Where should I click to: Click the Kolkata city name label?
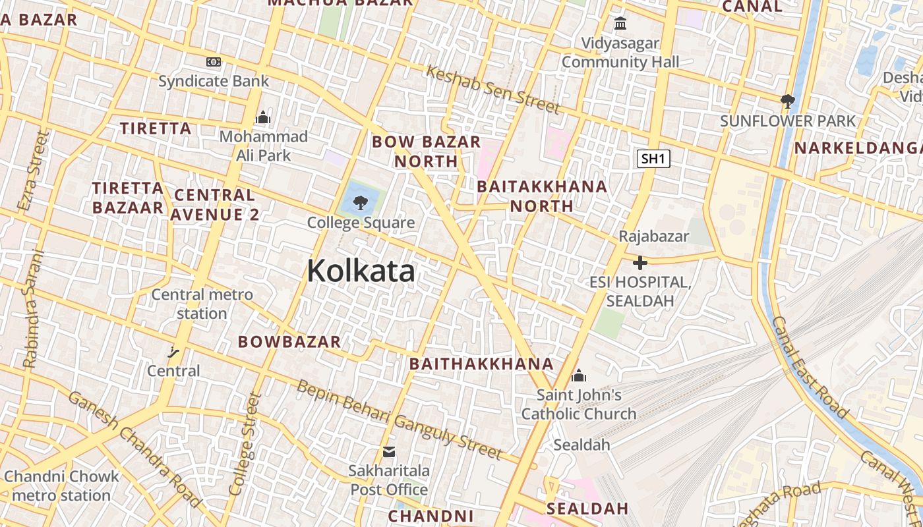361,271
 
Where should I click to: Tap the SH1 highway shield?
653,159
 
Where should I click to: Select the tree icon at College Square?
360,202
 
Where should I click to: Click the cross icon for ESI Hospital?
640,263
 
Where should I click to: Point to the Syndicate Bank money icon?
214,62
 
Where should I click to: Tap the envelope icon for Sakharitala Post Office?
389,452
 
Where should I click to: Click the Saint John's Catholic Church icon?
579,375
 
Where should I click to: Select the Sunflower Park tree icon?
787,101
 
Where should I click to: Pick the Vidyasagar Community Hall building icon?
620,24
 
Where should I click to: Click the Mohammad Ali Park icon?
263,118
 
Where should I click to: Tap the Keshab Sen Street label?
492,89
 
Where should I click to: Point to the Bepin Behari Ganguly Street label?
400,419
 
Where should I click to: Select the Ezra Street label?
34,171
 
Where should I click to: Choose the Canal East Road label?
810,367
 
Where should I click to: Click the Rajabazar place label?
653,236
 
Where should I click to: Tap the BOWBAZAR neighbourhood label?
289,342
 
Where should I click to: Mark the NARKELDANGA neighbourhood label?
858,148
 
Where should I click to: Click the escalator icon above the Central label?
173,352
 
